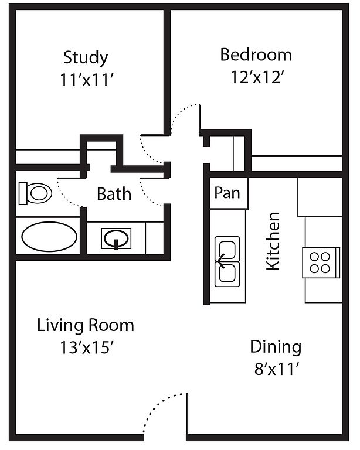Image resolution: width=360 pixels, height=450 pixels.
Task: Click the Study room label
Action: [x=86, y=58]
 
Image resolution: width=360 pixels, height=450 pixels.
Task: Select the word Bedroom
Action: [x=256, y=55]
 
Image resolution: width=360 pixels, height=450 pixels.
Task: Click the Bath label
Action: [x=114, y=194]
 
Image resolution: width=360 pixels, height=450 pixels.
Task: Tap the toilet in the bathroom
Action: [x=35, y=193]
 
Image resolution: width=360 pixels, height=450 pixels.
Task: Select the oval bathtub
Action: [x=49, y=237]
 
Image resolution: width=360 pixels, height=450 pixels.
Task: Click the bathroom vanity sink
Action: [x=116, y=238]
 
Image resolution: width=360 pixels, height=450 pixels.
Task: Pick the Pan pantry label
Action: [x=227, y=193]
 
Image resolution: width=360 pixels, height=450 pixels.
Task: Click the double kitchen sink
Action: [x=227, y=261]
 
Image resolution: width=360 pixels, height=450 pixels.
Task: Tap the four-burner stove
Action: [x=321, y=262]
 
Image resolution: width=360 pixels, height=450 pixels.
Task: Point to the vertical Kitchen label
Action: [x=273, y=241]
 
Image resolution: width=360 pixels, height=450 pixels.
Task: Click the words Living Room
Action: [x=86, y=325]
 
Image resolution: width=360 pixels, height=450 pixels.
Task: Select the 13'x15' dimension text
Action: [x=86, y=347]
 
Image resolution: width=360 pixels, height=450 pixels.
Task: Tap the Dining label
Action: [x=276, y=347]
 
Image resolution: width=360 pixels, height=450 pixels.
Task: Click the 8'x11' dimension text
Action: [x=277, y=369]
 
